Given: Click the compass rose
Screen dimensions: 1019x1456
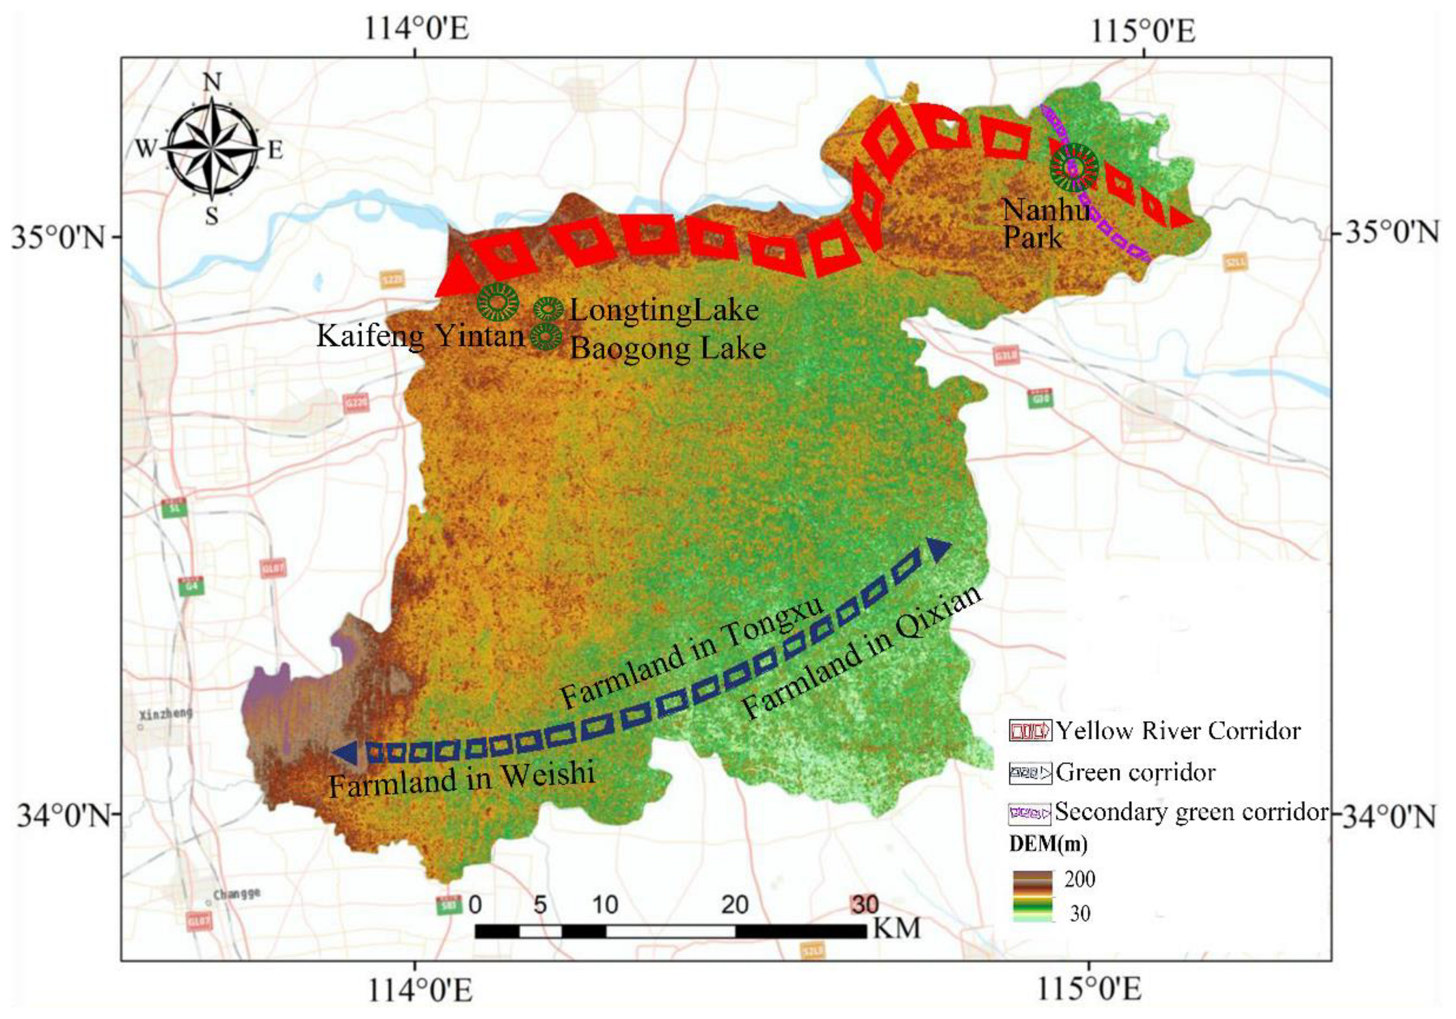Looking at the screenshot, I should (212, 150).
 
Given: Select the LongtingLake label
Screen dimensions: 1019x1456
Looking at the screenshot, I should (664, 310).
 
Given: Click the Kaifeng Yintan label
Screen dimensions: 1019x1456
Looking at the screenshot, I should (421, 336).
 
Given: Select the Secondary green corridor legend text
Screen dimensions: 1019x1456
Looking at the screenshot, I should (1191, 812).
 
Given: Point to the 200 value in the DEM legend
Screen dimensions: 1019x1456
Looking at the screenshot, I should (1080, 879).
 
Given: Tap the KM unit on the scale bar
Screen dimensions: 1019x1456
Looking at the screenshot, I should (896, 928).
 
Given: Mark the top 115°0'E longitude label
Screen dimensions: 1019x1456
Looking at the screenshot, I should (1142, 30).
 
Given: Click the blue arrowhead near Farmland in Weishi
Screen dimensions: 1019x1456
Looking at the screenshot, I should (345, 752).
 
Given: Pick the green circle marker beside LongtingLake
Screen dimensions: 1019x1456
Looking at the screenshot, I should (549, 309).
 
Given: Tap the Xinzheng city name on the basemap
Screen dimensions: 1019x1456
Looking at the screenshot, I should (165, 714).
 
